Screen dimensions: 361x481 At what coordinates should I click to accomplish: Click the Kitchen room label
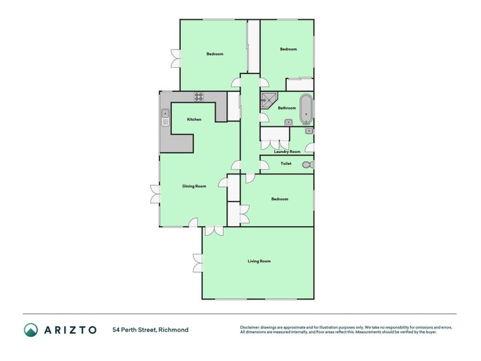coord(194,120)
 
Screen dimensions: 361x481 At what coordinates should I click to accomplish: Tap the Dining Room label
coord(194,187)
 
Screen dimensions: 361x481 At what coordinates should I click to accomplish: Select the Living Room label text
coord(259,261)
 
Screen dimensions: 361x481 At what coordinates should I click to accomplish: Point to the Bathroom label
coord(287,108)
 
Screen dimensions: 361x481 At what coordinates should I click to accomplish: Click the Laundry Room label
coord(287,152)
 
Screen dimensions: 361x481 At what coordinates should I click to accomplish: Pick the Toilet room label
coord(286,163)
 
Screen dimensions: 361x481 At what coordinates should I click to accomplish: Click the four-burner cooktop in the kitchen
coord(199,96)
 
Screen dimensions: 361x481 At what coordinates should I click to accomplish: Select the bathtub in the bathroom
coord(306,109)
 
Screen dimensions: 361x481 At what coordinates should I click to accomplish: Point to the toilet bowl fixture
coord(307,165)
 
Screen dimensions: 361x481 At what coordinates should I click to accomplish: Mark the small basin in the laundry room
coord(308,131)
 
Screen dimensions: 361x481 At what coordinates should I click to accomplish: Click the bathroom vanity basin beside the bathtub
coord(289,123)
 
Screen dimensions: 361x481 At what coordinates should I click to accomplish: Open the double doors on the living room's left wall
coord(198,262)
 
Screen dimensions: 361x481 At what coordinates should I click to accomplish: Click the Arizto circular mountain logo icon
coord(31,329)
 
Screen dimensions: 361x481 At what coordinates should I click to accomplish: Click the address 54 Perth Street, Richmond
coord(150,330)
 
